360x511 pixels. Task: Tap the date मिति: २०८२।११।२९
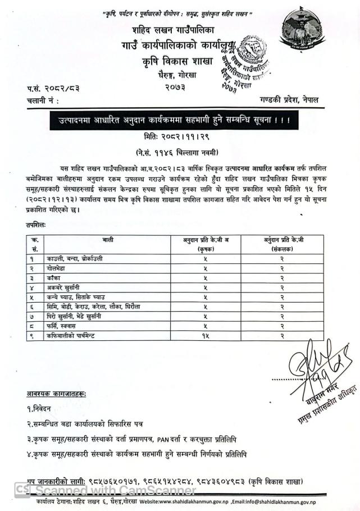[x=179, y=136]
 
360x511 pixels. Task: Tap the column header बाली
[x=108, y=240]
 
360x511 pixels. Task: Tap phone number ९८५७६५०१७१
[x=110, y=481]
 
